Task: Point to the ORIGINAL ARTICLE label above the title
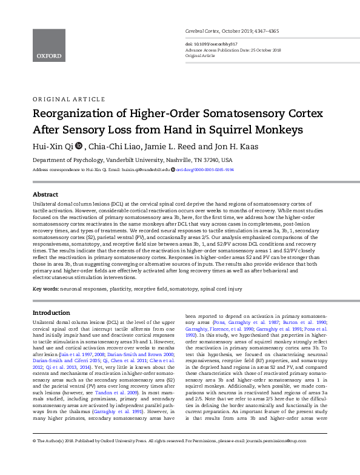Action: (63, 99)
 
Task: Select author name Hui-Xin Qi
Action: (55, 146)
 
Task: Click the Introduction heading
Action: (51, 312)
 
